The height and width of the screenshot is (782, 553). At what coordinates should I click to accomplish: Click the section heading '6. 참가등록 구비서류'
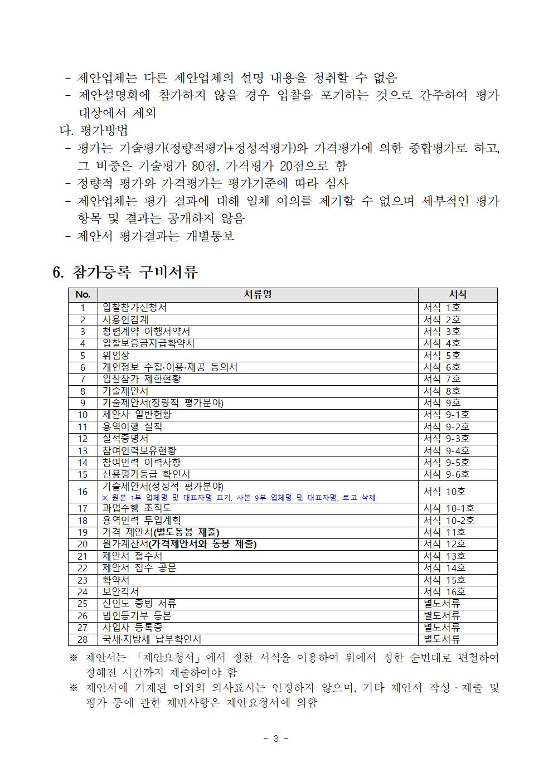click(125, 272)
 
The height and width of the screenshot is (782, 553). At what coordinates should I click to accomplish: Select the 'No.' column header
click(83, 294)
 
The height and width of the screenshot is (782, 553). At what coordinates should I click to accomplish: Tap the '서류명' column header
click(258, 294)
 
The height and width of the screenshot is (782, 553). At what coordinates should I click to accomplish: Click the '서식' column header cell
click(457, 294)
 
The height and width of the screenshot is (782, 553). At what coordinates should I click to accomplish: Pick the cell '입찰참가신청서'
click(134, 308)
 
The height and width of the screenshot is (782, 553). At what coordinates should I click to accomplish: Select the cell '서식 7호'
click(442, 379)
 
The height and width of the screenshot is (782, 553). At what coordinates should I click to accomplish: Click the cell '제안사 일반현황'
click(137, 415)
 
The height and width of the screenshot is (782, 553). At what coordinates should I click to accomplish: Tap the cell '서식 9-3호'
click(446, 439)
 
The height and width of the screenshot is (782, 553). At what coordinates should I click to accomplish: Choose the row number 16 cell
click(83, 492)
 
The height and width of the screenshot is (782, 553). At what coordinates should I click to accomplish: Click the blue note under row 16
click(239, 498)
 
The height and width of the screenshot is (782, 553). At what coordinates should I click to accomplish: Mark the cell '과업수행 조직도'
click(137, 508)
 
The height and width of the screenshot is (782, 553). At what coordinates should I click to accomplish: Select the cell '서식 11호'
click(444, 532)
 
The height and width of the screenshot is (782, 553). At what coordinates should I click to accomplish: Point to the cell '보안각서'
click(120, 591)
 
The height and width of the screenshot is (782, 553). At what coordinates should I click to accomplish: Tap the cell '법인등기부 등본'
click(137, 615)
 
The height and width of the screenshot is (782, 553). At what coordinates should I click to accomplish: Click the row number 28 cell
click(83, 639)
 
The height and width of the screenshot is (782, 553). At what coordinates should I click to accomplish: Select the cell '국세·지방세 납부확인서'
click(152, 639)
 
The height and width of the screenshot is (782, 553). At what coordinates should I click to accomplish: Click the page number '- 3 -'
click(276, 739)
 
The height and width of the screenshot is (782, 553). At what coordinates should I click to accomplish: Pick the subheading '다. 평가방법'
click(94, 130)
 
